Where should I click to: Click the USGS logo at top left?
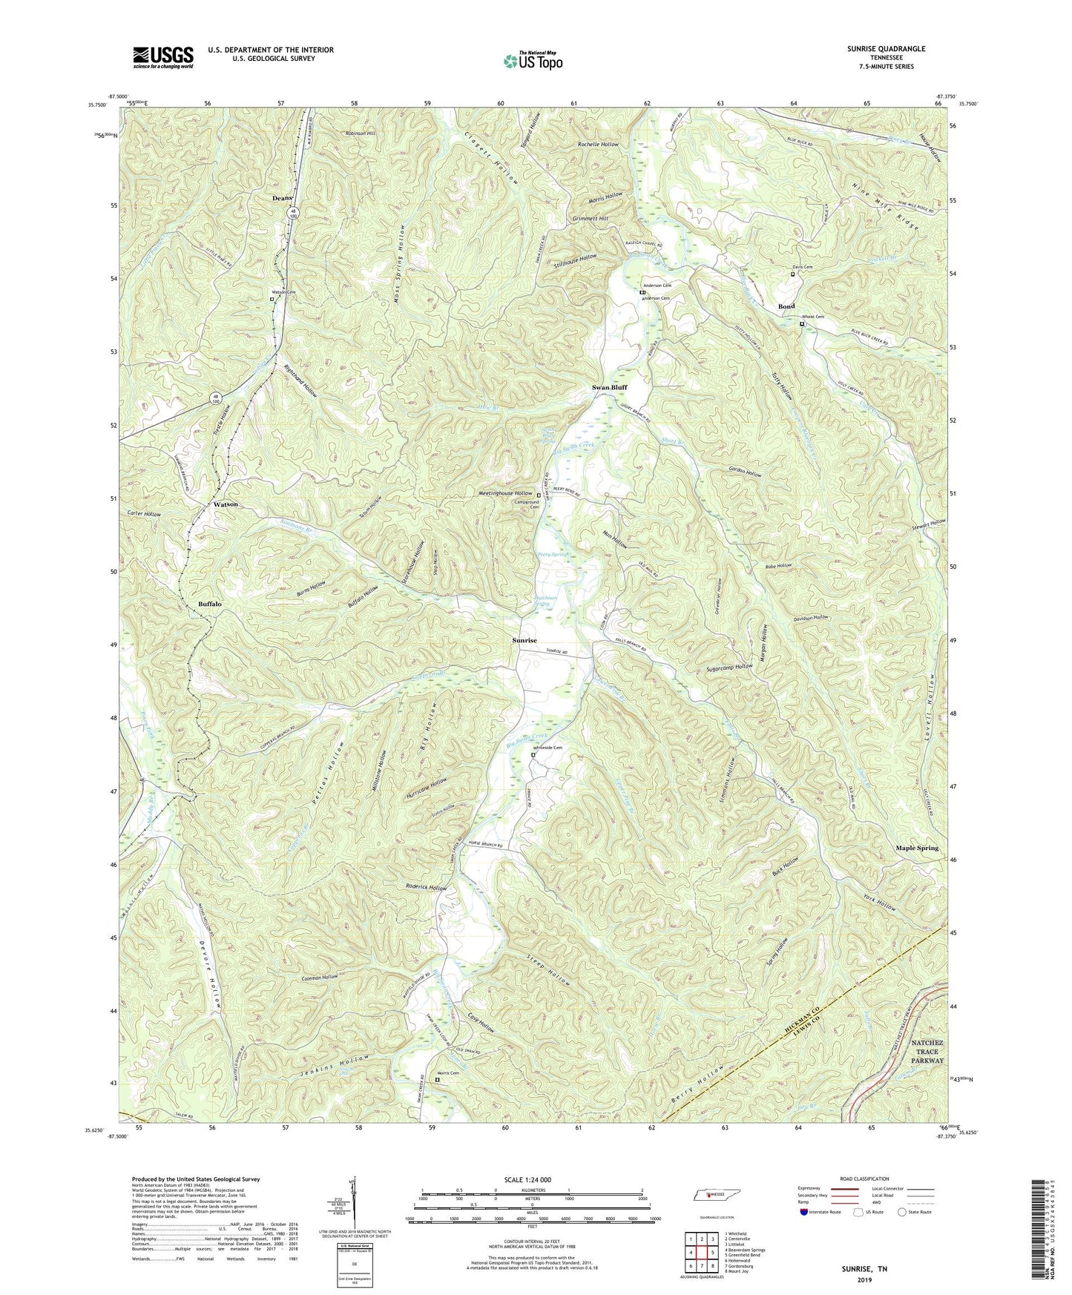point(163,57)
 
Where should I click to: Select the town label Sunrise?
point(524,639)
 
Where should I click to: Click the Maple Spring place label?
point(916,848)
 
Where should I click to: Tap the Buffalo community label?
point(210,604)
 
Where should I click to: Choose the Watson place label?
point(226,504)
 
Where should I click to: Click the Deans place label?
point(281,198)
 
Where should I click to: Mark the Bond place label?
point(786,306)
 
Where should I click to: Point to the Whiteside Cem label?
point(545,748)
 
